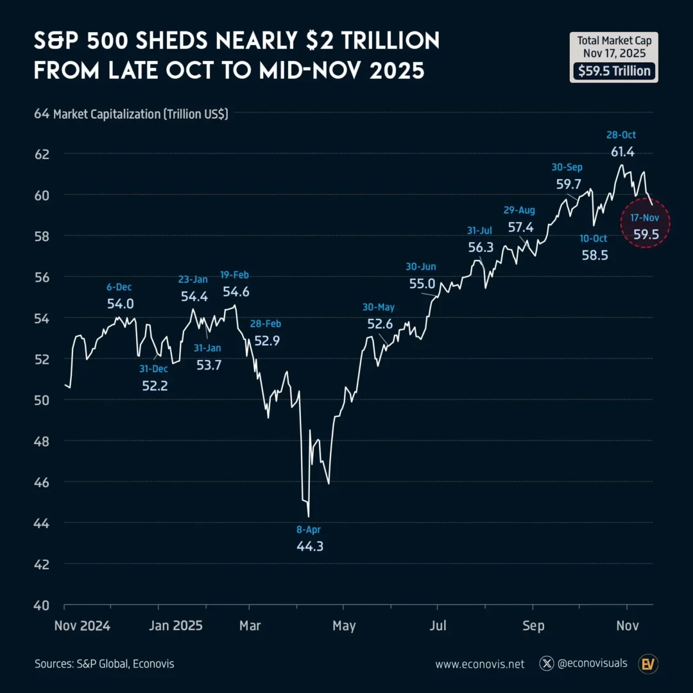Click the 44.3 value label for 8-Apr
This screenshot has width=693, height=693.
pos(310,547)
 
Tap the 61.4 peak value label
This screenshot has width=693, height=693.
pos(621,151)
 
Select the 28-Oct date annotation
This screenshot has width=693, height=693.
pos(621,135)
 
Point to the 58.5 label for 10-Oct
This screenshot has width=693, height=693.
pos(594,255)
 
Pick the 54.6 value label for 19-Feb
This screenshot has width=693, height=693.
pos(235,291)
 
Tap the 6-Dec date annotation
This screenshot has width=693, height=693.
pos(120,287)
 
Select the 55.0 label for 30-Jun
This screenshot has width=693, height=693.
pos(422,283)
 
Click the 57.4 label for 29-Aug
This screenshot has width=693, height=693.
pos(520,227)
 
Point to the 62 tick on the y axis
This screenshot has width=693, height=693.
pos(42,154)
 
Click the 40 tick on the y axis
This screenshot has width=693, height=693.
pos(42,605)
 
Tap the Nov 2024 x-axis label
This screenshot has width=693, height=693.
pos(82,626)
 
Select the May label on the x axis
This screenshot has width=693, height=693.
pos(344,626)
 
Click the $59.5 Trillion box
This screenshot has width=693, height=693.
pos(613,71)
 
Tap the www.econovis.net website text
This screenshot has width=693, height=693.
pos(479,664)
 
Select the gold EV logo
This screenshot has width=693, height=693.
pos(649,663)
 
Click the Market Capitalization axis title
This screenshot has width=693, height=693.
pos(141,114)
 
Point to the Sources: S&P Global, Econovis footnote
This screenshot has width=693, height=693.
pos(104,664)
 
